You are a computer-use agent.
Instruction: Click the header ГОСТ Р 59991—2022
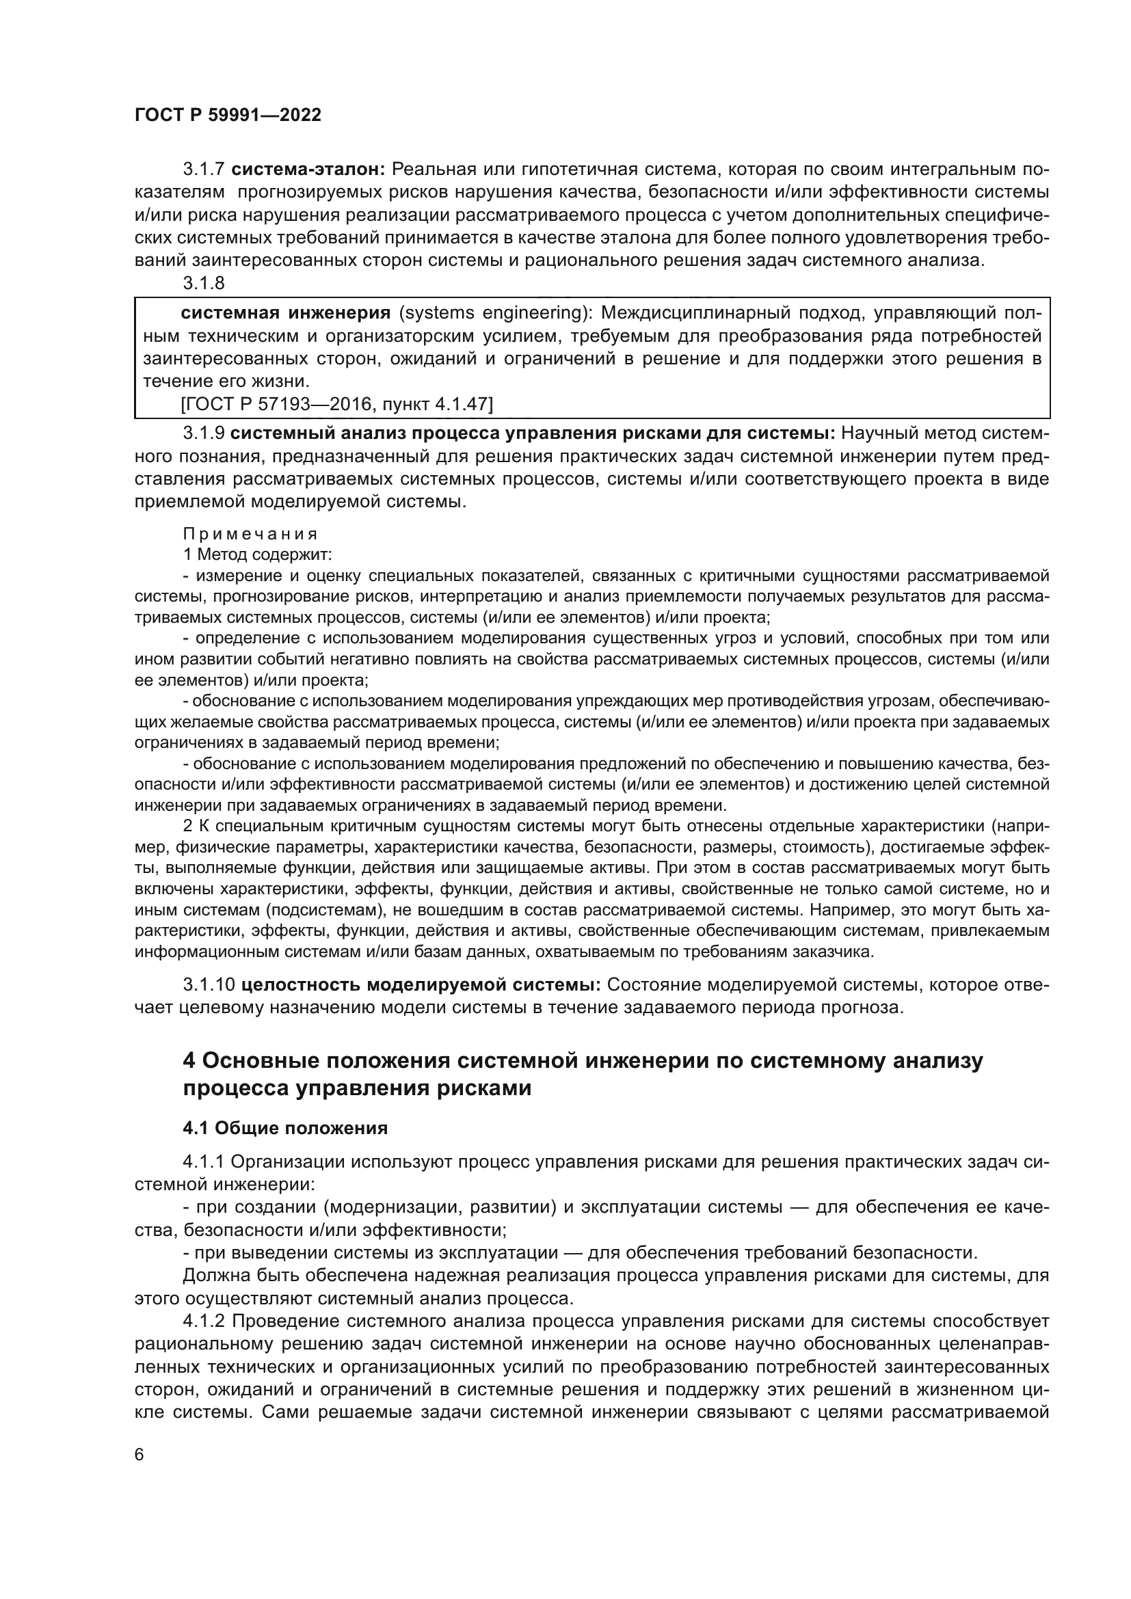(x=228, y=116)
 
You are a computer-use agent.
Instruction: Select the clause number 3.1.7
(x=203, y=170)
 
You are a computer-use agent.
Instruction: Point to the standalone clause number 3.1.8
(x=203, y=284)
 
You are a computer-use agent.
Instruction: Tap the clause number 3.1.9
(x=203, y=433)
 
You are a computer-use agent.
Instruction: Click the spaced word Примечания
(x=250, y=534)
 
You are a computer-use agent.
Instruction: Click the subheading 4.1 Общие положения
(x=285, y=1127)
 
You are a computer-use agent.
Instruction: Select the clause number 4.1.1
(x=203, y=1161)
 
